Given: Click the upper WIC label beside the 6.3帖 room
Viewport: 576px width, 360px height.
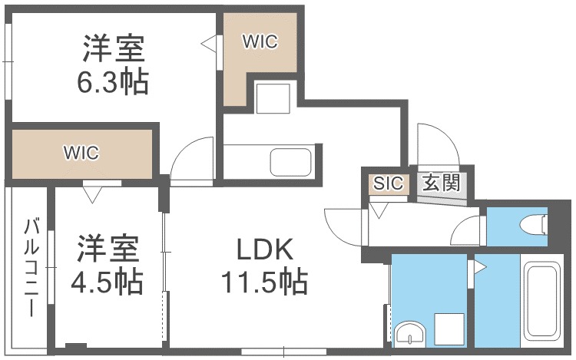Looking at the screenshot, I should (260, 41).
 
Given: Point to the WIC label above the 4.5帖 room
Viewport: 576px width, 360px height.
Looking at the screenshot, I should (81, 152).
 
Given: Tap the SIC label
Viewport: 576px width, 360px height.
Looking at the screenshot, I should (389, 183).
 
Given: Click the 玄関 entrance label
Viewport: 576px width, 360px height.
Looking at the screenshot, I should (441, 183).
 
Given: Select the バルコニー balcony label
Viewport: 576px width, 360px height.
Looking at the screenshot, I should (31, 268).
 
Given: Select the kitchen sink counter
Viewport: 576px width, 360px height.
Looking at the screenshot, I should (290, 162).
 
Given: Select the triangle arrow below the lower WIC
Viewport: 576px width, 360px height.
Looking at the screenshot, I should (91, 196).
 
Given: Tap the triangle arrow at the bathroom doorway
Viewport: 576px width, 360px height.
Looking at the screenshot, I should (479, 268).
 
